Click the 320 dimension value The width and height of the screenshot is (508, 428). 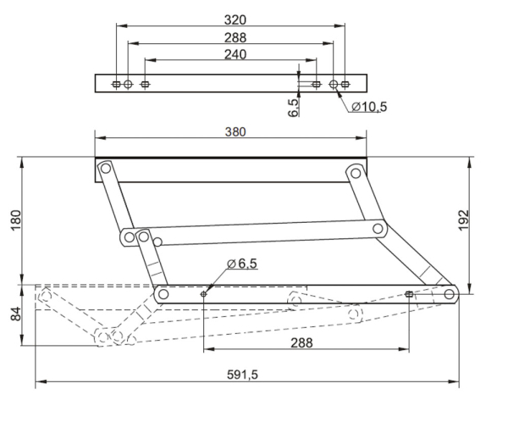pyautogui.click(x=235, y=20)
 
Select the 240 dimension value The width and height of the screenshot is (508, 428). pyautogui.click(x=235, y=54)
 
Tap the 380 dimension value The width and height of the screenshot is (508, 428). pyautogui.click(x=235, y=132)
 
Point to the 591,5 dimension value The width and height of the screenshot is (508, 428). pyautogui.click(x=242, y=375)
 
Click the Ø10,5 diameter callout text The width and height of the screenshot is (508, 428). pyautogui.click(x=369, y=107)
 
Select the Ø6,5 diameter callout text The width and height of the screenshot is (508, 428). pyautogui.click(x=242, y=264)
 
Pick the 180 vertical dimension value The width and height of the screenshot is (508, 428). pyautogui.click(x=16, y=220)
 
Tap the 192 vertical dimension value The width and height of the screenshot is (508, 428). pyautogui.click(x=464, y=220)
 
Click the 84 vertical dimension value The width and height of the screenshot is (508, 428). pyautogui.click(x=16, y=314)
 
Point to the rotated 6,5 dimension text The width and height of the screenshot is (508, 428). pyautogui.click(x=293, y=108)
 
